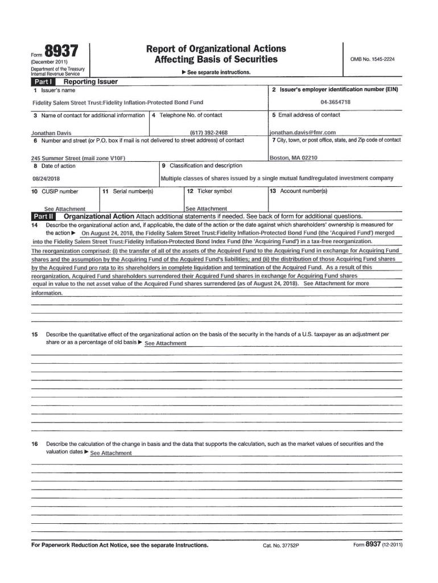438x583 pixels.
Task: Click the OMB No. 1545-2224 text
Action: click(373, 59)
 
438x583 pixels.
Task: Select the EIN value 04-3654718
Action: click(335, 102)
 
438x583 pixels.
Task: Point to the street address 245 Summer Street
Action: click(77, 158)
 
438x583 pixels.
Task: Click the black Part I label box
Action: click(43, 82)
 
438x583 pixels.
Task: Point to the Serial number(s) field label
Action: click(131, 191)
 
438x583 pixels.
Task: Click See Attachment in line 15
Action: click(166, 344)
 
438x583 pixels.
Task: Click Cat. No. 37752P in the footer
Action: click(280, 545)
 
